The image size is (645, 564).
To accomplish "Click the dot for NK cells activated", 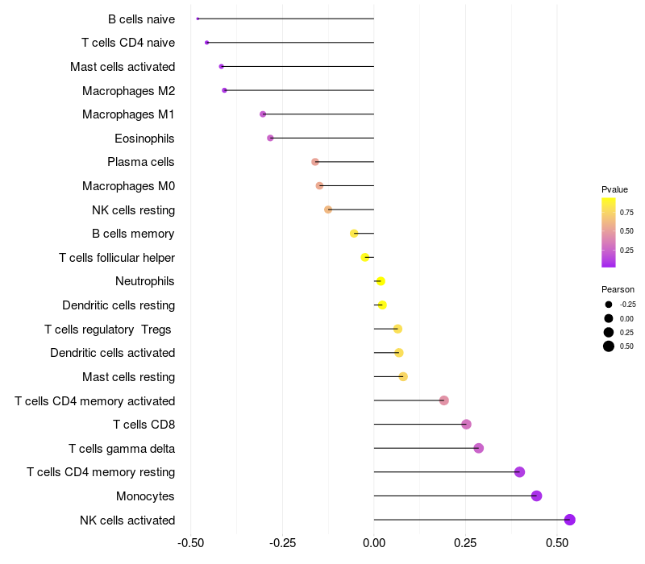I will tap(569, 520).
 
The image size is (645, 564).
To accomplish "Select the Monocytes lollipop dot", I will tap(537, 496).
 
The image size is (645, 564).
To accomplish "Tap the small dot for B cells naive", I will tap(198, 19).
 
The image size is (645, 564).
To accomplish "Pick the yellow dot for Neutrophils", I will tap(381, 281).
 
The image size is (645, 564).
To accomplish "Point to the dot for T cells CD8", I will tap(466, 425).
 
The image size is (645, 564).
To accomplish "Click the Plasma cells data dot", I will tap(315, 162).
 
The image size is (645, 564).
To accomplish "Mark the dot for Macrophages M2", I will tap(225, 90).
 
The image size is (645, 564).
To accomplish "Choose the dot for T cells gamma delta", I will tap(479, 448).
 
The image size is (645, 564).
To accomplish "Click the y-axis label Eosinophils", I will tap(144, 139).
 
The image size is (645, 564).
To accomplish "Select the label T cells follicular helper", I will tap(117, 258).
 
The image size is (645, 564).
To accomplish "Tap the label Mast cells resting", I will tap(128, 377).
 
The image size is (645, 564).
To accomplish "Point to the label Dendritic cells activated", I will tap(112, 353).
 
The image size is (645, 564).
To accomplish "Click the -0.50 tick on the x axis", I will tap(190, 544).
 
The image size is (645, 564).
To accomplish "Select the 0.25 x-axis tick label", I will tap(465, 544).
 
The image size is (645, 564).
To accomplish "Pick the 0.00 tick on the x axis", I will tap(374, 544).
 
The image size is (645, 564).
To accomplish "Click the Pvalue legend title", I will tap(614, 189).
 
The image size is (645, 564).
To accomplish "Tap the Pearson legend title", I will tap(618, 289).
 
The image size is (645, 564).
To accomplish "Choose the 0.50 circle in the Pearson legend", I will tap(609, 346).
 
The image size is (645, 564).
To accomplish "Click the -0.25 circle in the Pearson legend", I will tap(609, 305).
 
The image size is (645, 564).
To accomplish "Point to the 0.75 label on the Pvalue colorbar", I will tap(626, 213).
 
